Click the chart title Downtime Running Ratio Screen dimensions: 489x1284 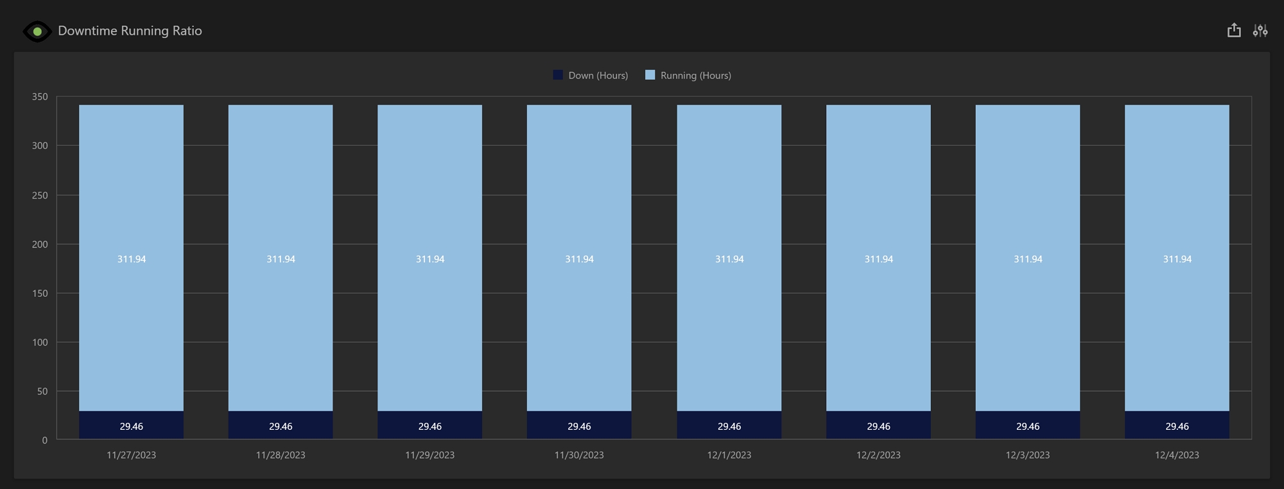coord(130,31)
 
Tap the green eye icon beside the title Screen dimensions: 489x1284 coord(37,31)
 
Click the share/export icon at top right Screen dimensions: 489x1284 coord(1233,30)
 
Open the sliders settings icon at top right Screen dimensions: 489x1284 coord(1260,30)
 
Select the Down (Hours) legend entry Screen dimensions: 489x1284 coord(591,75)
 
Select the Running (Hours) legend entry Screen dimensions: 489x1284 coord(688,75)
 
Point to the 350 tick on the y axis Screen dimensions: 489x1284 coord(40,97)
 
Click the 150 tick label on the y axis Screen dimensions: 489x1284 coord(40,293)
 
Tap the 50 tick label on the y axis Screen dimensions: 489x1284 coord(42,391)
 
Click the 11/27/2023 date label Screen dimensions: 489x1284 coord(131,455)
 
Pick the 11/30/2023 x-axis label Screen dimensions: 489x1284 coord(579,455)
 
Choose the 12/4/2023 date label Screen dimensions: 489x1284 coord(1177,455)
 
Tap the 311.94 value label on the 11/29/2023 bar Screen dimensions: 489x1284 coord(430,259)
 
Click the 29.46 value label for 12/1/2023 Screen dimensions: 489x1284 coord(729,427)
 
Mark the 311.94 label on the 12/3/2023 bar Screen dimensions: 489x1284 coord(1028,259)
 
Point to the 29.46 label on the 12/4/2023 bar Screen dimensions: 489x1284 coord(1177,427)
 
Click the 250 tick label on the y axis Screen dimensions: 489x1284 coord(40,195)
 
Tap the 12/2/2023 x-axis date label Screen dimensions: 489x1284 coord(878,455)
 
